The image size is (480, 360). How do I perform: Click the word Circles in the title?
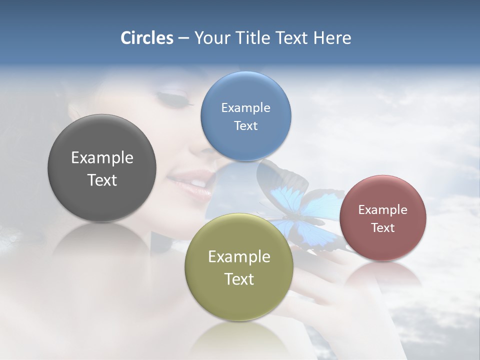pyautogui.click(x=146, y=38)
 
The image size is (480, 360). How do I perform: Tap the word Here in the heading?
pyautogui.click(x=332, y=38)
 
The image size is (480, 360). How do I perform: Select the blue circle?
pyautogui.click(x=245, y=145)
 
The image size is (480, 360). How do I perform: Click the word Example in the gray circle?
pyautogui.click(x=102, y=157)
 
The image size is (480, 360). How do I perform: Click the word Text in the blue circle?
pyautogui.click(x=245, y=126)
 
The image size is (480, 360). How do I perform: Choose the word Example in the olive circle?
pyautogui.click(x=239, y=256)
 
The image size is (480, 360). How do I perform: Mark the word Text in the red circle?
pyautogui.click(x=382, y=228)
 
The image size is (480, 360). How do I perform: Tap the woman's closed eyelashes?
pyautogui.click(x=177, y=100)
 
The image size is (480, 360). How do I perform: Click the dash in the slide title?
pyautogui.click(x=183, y=38)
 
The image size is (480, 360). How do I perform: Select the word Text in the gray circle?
pyautogui.click(x=102, y=180)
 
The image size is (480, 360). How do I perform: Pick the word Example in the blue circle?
pyautogui.click(x=245, y=107)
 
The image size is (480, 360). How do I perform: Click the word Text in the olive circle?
pyautogui.click(x=239, y=279)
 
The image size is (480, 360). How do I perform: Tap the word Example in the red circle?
pyautogui.click(x=382, y=209)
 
